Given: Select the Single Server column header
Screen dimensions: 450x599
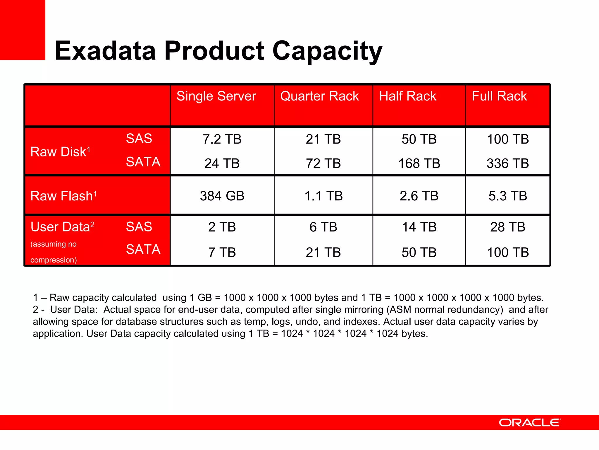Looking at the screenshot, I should [216, 96].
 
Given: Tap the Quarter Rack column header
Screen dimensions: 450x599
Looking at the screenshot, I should [319, 96].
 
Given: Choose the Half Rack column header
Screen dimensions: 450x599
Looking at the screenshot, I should [407, 96].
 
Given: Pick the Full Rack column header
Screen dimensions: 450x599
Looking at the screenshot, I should [499, 96].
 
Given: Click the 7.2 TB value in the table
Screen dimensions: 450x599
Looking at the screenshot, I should [222, 139].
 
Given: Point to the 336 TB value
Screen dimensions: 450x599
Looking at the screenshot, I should [507, 163].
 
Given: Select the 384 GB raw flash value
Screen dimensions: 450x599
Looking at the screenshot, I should [222, 196].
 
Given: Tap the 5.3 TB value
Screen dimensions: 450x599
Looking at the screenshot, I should [507, 196].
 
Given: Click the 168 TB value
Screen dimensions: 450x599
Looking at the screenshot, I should [419, 163].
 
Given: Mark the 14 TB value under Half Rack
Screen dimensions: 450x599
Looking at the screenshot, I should [419, 227].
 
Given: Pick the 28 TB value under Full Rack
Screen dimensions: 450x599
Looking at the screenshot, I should [507, 227].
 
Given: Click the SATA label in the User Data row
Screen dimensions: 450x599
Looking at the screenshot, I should [143, 249].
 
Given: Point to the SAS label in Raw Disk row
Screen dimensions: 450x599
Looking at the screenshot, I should [139, 139].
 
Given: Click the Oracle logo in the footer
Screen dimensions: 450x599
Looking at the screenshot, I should [530, 422].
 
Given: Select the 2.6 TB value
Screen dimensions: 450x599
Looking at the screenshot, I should [419, 196].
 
